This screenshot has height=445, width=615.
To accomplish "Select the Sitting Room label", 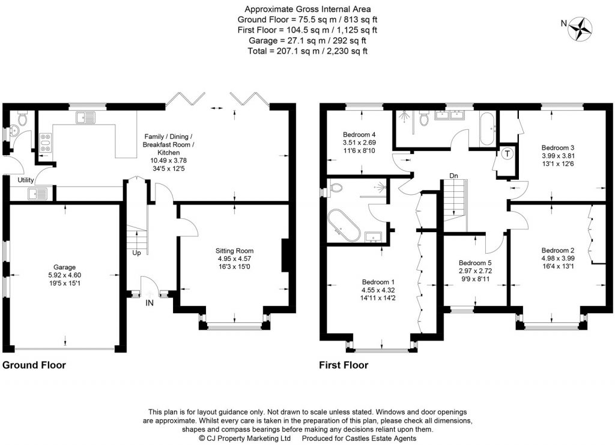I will click(235, 250).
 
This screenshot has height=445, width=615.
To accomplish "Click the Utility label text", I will click(25, 180).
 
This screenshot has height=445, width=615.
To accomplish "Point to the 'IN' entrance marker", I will click(150, 302).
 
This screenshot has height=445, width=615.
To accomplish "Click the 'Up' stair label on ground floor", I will click(136, 253).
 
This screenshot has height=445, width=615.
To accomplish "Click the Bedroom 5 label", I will click(475, 263).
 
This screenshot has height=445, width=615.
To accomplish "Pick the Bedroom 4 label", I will click(359, 134).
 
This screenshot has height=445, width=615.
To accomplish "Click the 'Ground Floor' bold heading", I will click(34, 365).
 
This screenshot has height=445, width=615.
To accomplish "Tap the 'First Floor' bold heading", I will click(343, 365).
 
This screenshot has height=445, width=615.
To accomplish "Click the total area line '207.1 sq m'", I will click(307, 51).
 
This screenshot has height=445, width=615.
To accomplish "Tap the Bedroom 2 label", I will click(558, 250).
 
